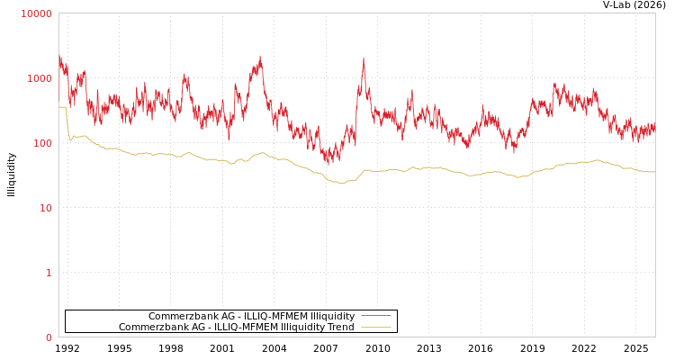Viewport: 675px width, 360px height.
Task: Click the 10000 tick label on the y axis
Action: click(x=37, y=13)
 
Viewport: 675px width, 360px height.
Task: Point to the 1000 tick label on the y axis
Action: click(x=40, y=78)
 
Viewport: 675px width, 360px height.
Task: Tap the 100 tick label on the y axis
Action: click(x=42, y=143)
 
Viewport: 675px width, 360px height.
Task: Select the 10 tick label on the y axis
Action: click(x=45, y=208)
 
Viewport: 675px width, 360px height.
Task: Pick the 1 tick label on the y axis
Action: click(x=49, y=273)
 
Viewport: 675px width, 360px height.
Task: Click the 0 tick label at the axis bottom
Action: click(x=49, y=337)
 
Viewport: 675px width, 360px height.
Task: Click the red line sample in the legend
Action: click(x=375, y=316)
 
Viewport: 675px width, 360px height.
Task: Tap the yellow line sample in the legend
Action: click(x=375, y=327)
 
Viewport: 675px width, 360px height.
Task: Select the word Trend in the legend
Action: click(x=339, y=327)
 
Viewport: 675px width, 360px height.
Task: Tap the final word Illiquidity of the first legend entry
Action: click(x=332, y=316)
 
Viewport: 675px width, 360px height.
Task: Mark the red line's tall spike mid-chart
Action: click(x=364, y=60)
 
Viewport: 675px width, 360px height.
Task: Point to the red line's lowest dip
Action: click(x=328, y=163)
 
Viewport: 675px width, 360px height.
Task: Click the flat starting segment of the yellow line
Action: click(x=62, y=107)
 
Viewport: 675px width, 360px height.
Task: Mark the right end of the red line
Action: click(x=654, y=131)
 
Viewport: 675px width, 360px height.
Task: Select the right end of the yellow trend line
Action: click(x=654, y=172)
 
